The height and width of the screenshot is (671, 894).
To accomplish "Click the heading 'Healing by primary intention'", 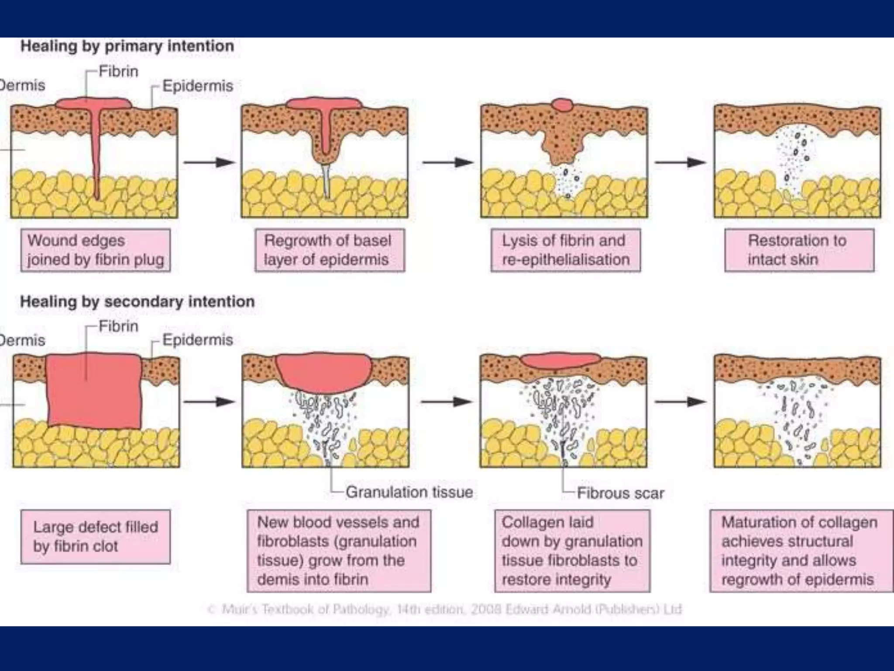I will [x=127, y=46].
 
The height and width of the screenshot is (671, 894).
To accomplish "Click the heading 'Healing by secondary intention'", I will [x=138, y=302].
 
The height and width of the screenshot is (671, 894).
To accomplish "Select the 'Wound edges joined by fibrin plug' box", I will [x=96, y=250].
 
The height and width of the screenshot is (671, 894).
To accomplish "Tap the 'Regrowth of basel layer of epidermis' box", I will [x=330, y=250].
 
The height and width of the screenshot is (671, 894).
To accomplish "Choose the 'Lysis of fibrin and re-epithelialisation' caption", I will [x=565, y=250].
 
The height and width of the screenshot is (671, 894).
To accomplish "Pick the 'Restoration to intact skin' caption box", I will [x=799, y=250].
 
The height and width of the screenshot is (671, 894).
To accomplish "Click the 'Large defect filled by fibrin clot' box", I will [x=96, y=537].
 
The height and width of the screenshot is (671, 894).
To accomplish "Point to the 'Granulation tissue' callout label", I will [x=409, y=492].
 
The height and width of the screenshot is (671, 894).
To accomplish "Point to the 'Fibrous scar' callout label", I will [x=620, y=493].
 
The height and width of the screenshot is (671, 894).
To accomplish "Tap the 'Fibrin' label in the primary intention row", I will [x=118, y=71].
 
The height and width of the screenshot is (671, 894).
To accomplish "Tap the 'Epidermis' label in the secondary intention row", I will [x=197, y=340].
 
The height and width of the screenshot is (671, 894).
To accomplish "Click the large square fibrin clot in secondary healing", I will [x=94, y=391].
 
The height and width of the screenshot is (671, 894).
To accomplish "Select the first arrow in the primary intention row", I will [x=209, y=163].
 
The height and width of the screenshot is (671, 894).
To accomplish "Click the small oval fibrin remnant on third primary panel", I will [x=562, y=105].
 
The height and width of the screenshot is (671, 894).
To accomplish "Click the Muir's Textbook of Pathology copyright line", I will [x=444, y=609].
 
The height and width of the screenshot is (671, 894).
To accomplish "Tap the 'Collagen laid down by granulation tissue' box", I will [x=572, y=551].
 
